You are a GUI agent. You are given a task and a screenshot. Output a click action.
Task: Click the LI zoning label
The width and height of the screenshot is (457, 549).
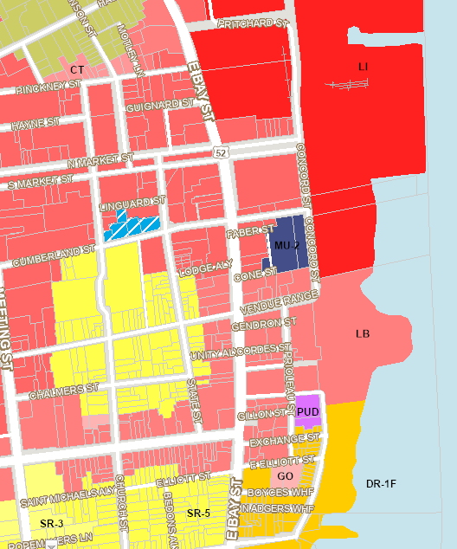(364, 67)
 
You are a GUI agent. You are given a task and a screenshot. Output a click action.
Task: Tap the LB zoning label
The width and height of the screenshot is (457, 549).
(364, 333)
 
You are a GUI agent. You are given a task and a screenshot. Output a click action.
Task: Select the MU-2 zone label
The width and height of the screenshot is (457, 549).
(286, 246)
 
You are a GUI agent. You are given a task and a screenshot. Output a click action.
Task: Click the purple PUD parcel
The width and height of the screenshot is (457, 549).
(308, 412)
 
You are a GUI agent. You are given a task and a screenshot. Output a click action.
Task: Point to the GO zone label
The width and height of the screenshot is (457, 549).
(285, 476)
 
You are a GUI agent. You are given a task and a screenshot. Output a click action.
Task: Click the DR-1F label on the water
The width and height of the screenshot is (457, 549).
(381, 483)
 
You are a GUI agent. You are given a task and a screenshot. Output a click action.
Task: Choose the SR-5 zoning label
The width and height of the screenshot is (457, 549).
(198, 513)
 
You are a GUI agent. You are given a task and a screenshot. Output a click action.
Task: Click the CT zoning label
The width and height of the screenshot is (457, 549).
(77, 68)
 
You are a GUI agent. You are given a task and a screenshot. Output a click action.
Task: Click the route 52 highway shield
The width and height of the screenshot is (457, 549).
(222, 152)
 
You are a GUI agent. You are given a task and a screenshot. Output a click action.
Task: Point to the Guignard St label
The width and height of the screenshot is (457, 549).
(159, 106)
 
